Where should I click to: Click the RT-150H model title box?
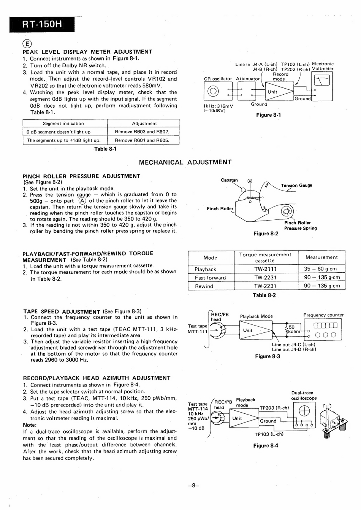pos(42,25)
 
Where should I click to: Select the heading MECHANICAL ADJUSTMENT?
pos(185,162)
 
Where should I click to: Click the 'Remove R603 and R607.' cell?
pos(143,132)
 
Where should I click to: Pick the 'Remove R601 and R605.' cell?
pos(143,140)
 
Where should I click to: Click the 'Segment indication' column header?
pos(63,124)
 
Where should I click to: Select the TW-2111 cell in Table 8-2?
pos(265,269)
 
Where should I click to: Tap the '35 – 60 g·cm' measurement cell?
pos(321,269)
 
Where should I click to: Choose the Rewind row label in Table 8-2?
pos(204,286)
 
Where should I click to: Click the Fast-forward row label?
pos(210,278)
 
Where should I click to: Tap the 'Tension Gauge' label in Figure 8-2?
pos(296,186)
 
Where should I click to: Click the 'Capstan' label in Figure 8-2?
pos(229,180)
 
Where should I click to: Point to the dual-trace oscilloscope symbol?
pos(304,411)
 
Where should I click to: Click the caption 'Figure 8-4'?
pos(266,446)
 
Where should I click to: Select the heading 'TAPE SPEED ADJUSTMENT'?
pos(62,311)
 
